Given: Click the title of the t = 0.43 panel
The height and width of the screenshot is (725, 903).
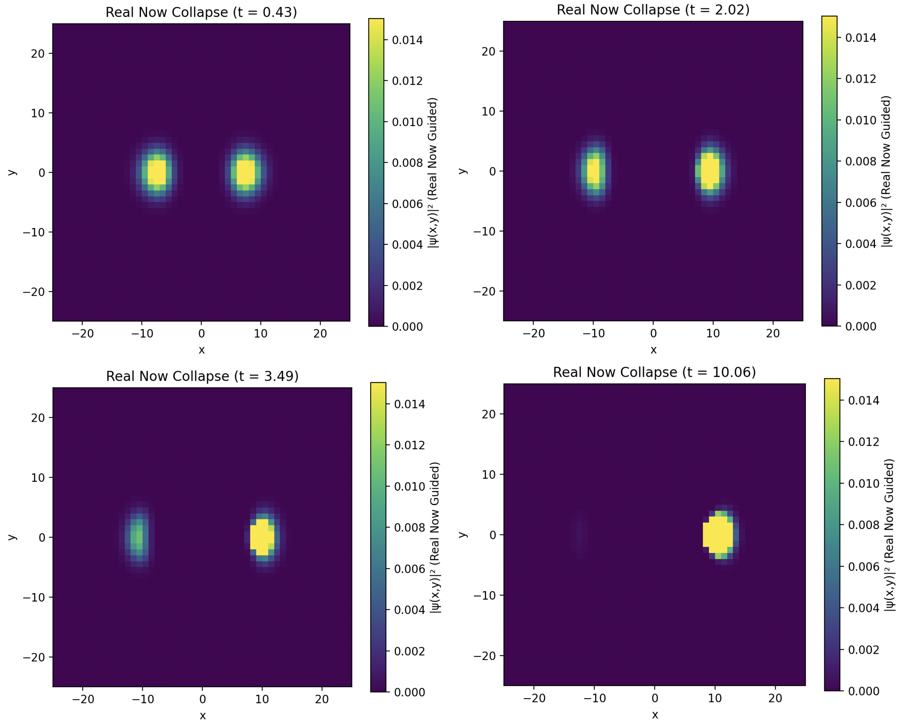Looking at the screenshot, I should (201, 12).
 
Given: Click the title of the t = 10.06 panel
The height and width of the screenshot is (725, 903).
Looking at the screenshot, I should (654, 372).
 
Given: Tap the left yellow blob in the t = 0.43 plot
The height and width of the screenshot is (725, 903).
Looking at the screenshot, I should (157, 172).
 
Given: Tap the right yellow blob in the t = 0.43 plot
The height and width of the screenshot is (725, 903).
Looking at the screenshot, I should (246, 172).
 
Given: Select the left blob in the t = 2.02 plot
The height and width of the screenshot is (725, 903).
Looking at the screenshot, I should (593, 171).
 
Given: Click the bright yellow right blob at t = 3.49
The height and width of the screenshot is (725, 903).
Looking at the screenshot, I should (262, 537).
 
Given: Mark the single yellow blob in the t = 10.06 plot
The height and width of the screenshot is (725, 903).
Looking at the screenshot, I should (718, 535).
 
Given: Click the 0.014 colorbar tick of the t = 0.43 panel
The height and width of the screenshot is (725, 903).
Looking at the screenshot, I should (407, 40).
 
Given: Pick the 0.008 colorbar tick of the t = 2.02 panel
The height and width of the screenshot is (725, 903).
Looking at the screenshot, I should (860, 161).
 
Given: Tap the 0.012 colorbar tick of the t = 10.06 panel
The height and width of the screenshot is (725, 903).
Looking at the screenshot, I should (863, 442).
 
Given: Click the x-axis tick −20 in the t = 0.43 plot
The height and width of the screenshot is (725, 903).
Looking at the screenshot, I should (82, 334).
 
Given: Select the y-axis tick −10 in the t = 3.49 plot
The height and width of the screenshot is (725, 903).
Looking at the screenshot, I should (34, 598).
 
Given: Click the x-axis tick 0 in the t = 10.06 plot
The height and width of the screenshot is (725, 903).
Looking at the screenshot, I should (655, 698).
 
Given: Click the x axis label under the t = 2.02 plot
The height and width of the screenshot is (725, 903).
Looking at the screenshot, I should (653, 350).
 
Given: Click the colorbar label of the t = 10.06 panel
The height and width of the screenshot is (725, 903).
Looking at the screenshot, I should (889, 535).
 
